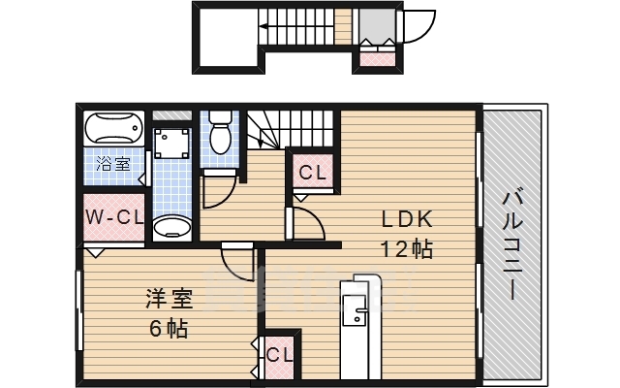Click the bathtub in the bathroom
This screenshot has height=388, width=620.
114,128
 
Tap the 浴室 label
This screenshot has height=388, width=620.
114,164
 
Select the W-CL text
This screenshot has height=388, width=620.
114,216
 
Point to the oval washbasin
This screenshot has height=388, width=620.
173,228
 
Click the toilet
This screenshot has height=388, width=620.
219,133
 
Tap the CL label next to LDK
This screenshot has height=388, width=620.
312,175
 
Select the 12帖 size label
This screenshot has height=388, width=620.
405,248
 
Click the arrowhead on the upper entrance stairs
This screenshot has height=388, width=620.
263,30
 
